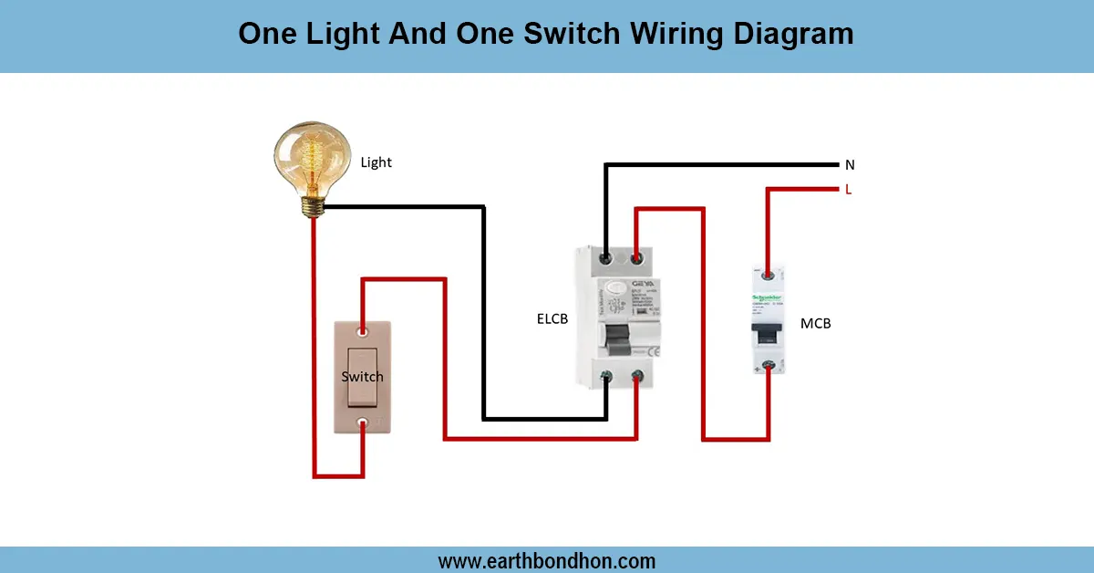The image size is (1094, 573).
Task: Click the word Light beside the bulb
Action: pos(376,162)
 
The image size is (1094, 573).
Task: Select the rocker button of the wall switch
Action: pos(363,376)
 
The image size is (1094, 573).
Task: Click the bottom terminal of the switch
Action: pos(364,422)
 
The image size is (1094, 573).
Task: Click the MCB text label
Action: pos(815,323)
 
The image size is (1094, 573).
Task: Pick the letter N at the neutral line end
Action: pos(850,165)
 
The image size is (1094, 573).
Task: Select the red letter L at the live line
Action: pos(849,190)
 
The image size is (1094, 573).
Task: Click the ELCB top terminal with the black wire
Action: pos(606,259)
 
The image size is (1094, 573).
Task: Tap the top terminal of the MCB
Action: pos(769,273)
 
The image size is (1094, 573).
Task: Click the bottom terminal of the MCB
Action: pos(769,366)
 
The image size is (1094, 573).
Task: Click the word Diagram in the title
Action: pos(785,34)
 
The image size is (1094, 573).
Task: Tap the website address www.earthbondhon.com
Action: pos(547,560)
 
